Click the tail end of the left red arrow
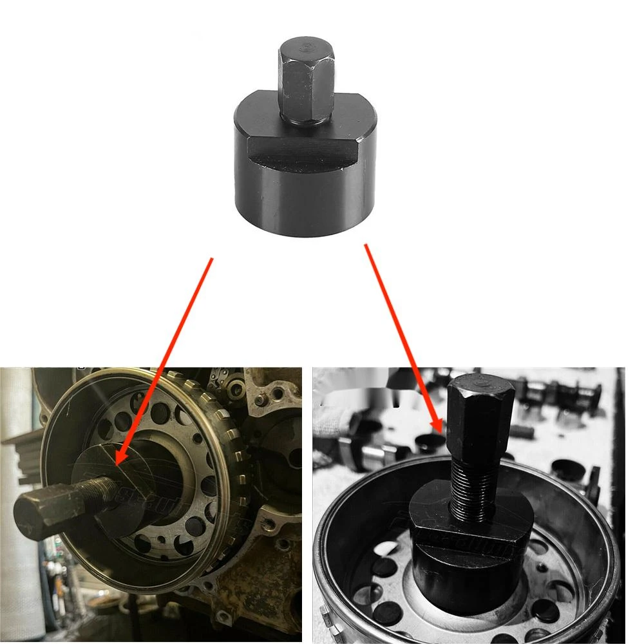coord(211,259)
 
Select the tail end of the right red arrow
coord(366,244)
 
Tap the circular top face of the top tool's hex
coord(306,46)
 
